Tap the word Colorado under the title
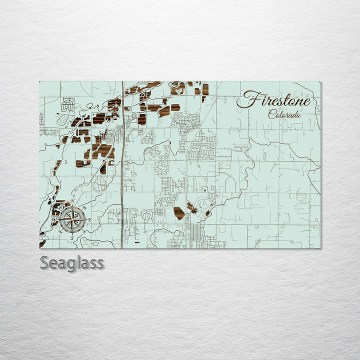(x=284, y=114)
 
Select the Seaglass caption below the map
(x=72, y=262)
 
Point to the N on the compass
(x=72, y=201)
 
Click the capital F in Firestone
(x=246, y=100)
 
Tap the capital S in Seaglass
(x=44, y=262)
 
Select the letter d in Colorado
(x=295, y=114)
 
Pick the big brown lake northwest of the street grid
(x=179, y=213)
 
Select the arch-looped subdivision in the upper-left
(x=67, y=104)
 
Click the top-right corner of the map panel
(x=320, y=81)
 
